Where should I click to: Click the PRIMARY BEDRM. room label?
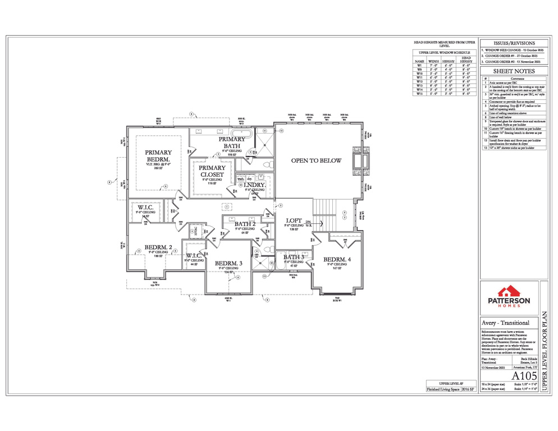[x=158, y=155]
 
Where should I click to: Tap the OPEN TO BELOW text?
[x=316, y=161]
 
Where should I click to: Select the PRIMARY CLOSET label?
[x=212, y=171]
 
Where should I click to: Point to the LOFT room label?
[x=294, y=221]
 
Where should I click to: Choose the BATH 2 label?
[x=245, y=224]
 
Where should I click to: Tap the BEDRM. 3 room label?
[x=228, y=263]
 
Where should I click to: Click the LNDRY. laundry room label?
[x=254, y=185]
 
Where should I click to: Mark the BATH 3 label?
[x=294, y=257]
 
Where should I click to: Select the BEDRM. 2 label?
[x=158, y=247]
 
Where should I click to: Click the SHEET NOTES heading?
[x=513, y=71]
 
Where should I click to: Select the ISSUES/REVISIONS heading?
[x=513, y=43]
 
